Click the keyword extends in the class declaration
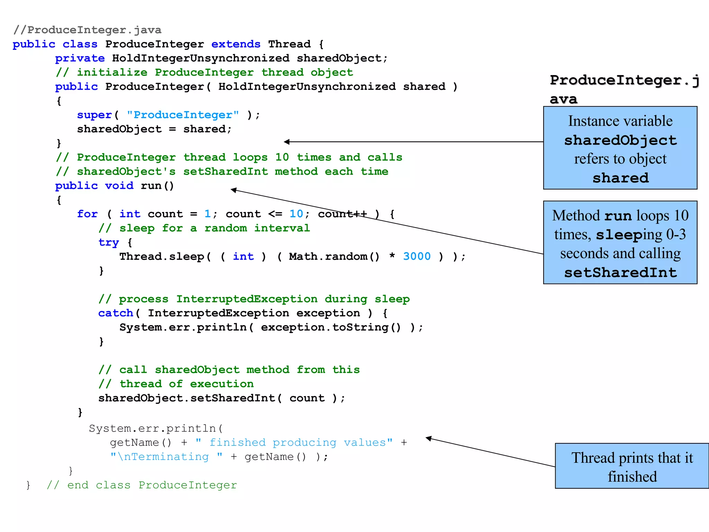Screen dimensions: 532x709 [236, 44]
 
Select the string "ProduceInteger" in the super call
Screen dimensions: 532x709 [183, 115]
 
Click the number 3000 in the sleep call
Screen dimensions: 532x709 [417, 257]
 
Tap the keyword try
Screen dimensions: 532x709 [108, 242]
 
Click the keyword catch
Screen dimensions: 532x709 [116, 313]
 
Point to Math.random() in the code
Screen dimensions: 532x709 [334, 257]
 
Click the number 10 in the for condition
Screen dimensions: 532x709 [296, 214]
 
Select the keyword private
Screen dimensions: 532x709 [80, 59]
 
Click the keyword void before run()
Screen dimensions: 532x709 [119, 186]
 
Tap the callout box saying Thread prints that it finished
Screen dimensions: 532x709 [632, 467]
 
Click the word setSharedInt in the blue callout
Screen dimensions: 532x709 [620, 273]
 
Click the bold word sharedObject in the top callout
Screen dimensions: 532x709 [620, 140]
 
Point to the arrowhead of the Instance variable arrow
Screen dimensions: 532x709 [286, 142]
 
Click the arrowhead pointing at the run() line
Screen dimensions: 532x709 [234, 190]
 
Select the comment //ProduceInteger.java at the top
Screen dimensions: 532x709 [87, 30]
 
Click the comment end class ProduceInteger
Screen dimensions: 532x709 [142, 485]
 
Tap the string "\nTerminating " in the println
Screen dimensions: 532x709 [166, 457]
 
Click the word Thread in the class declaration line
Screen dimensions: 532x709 [289, 44]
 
